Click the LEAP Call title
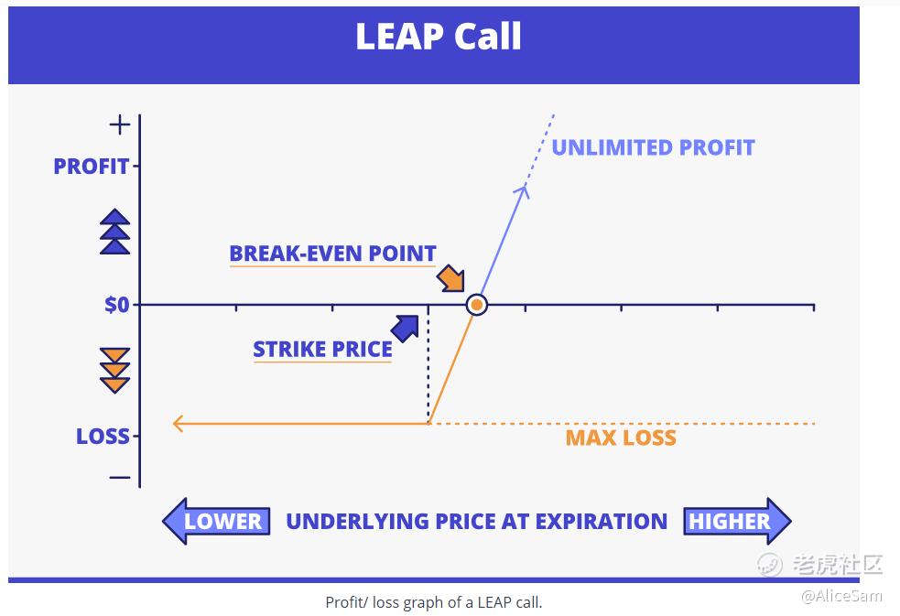coord(439,36)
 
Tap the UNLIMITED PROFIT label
coord(653,147)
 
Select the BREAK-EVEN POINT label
coord(333,254)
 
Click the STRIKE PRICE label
coord(322,349)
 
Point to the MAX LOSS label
coord(621,438)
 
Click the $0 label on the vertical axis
coord(117,305)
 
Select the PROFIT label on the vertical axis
coord(92,167)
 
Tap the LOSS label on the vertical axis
coord(103,436)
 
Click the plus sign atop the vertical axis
coord(120,124)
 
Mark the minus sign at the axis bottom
coord(120,477)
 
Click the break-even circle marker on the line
coord(476,305)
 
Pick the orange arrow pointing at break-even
coord(451,279)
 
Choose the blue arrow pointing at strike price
coord(405,328)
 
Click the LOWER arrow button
coord(216,522)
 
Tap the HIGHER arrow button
coord(738,522)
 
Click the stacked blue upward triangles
coord(114,232)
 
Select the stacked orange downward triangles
coord(114,371)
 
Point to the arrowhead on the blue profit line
coord(524,190)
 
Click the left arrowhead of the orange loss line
coord(178,424)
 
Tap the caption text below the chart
coord(434,602)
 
